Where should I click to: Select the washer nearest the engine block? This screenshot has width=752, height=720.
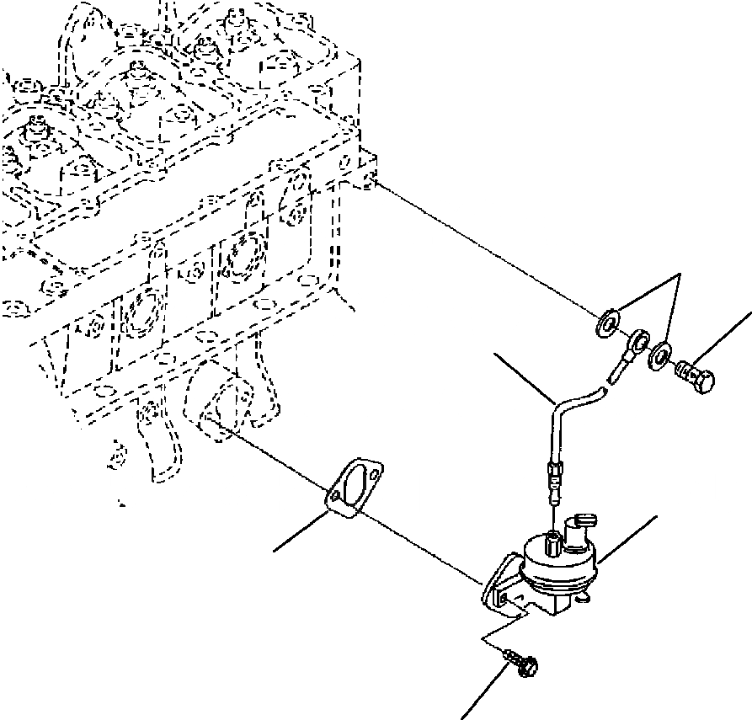[x=605, y=324]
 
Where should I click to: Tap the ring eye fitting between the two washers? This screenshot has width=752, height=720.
[x=639, y=340]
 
